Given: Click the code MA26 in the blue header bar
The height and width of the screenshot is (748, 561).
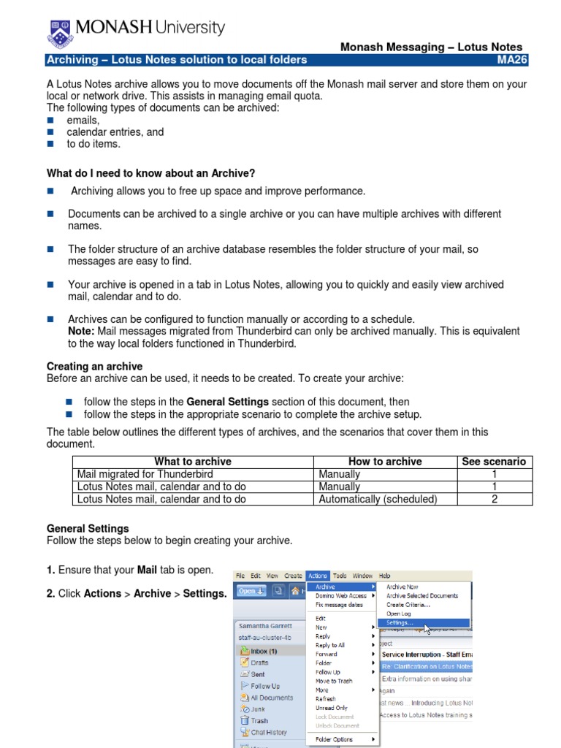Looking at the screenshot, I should coord(513,60).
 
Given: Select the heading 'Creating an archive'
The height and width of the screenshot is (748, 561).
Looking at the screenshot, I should coord(94,367).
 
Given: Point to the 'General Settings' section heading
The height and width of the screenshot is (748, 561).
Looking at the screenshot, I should coord(88,528).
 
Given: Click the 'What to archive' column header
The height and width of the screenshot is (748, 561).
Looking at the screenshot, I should coord(193,462).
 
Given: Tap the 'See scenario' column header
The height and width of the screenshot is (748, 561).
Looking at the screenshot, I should coord(494,462).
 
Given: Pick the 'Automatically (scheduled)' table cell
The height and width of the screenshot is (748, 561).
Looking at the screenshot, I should coord(378,499).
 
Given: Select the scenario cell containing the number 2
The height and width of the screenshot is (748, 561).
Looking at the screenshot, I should coord(494,499).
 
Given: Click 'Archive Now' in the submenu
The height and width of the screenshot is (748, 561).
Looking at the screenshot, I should coord(402,587).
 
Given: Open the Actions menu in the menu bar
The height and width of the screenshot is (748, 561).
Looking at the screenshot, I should coord(318,576).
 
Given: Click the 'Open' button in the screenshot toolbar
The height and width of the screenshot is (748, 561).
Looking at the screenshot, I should coord(251,591).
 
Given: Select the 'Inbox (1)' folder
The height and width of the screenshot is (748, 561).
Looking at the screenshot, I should coord(263,651).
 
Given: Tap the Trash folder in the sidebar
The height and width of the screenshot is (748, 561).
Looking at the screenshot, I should coord(259,720).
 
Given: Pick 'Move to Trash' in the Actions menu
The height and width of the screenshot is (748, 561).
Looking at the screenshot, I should coord(334,681).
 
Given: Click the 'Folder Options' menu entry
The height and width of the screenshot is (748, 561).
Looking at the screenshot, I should coord(334,739).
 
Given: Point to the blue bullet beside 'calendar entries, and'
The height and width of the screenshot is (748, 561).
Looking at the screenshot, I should coord(51,132).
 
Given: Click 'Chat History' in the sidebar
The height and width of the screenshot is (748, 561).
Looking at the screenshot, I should coord(268,732).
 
